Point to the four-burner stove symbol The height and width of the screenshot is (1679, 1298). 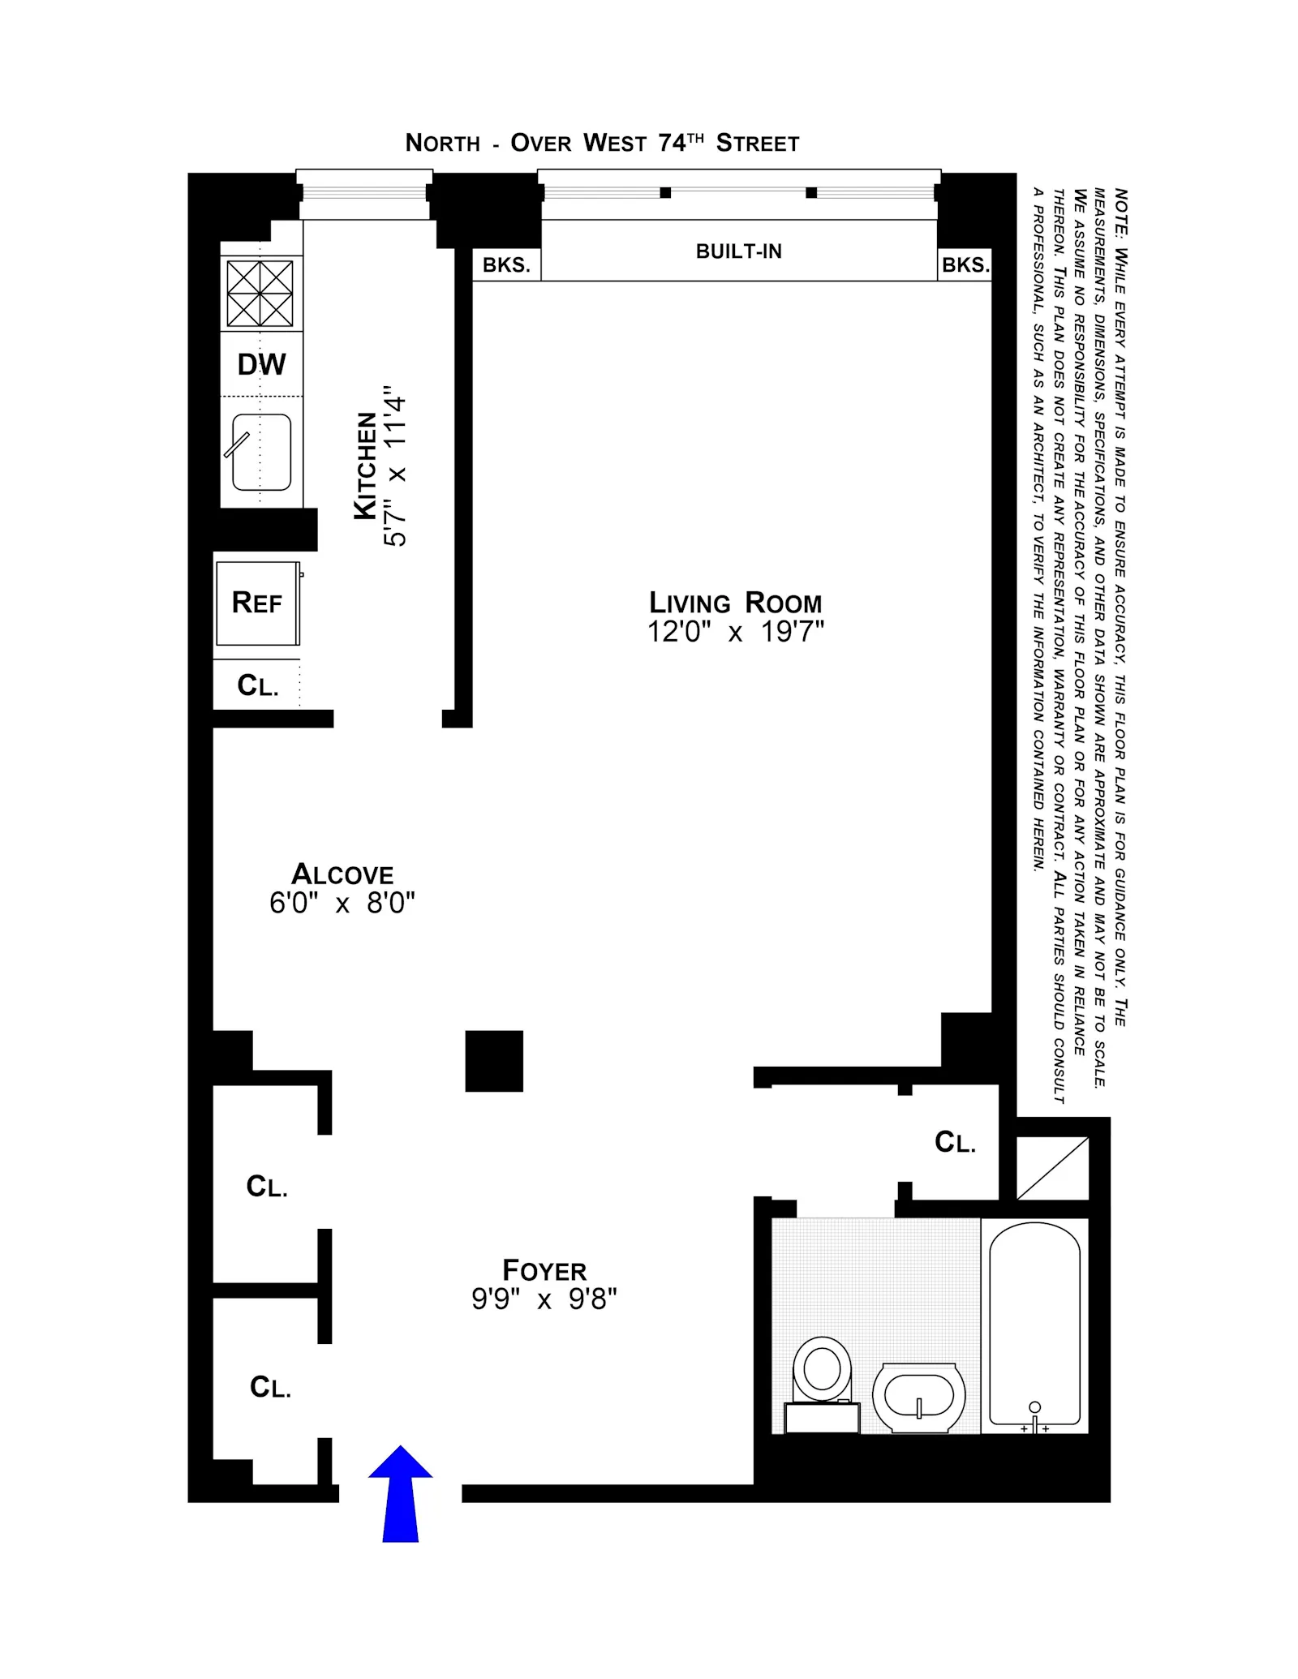tap(260, 293)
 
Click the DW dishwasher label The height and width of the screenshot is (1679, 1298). tap(261, 364)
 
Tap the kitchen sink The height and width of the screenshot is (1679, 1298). tap(261, 452)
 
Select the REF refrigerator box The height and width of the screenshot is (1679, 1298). tap(257, 603)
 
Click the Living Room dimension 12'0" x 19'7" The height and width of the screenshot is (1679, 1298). tap(735, 632)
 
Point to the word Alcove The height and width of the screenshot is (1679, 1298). tap(342, 874)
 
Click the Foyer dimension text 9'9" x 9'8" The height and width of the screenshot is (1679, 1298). tap(544, 1299)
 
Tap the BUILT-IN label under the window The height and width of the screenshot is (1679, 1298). tap(738, 251)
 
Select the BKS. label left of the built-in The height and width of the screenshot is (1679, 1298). tap(506, 265)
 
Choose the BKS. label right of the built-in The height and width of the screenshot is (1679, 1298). tap(965, 265)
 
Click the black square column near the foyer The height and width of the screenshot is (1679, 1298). tap(493, 1061)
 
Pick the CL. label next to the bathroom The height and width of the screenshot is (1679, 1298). tap(955, 1142)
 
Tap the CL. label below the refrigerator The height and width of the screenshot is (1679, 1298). tap(257, 686)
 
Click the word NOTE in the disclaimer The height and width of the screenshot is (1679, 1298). tap(1120, 212)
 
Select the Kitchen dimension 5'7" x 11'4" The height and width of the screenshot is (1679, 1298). tap(395, 466)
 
